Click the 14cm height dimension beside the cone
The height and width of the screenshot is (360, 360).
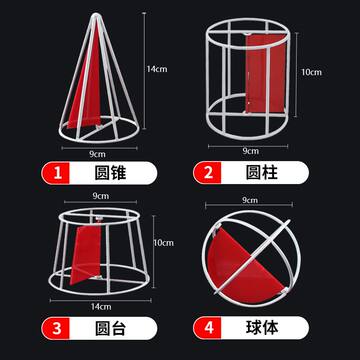156,69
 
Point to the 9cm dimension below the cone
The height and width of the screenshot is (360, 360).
92,153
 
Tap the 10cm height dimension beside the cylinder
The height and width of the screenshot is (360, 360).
313,72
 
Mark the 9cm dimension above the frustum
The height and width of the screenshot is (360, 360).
99,198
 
